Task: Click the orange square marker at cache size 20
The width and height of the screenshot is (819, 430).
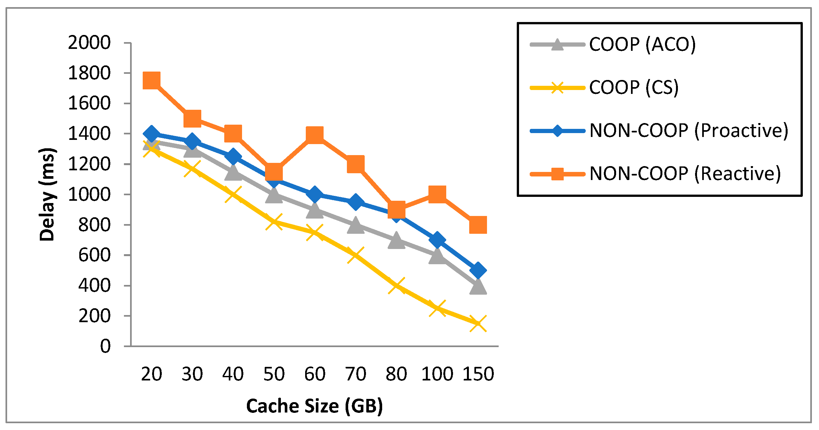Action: click(151, 80)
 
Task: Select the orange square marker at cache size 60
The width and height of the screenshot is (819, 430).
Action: click(315, 134)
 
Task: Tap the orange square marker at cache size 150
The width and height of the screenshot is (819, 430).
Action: click(478, 225)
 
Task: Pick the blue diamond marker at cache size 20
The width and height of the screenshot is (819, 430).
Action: click(151, 133)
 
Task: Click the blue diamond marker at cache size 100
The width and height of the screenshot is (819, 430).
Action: click(437, 240)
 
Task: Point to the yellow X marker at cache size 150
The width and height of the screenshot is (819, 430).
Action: click(478, 323)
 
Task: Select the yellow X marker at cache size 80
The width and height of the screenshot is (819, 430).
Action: click(396, 285)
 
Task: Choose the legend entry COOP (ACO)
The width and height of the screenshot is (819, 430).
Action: click(642, 44)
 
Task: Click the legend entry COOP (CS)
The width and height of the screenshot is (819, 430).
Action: click(634, 87)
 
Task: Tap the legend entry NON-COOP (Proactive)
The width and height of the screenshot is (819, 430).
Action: click(689, 130)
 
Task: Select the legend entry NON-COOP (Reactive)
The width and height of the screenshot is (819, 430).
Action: click(685, 174)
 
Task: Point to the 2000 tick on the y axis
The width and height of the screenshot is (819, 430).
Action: click(89, 43)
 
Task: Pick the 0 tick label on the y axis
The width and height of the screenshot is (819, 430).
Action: click(105, 346)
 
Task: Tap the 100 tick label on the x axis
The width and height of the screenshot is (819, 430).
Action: click(437, 374)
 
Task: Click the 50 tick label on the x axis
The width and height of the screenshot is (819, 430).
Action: click(274, 374)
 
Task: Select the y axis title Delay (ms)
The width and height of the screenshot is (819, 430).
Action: click(47, 194)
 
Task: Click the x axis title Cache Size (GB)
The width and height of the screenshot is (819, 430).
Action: click(315, 406)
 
